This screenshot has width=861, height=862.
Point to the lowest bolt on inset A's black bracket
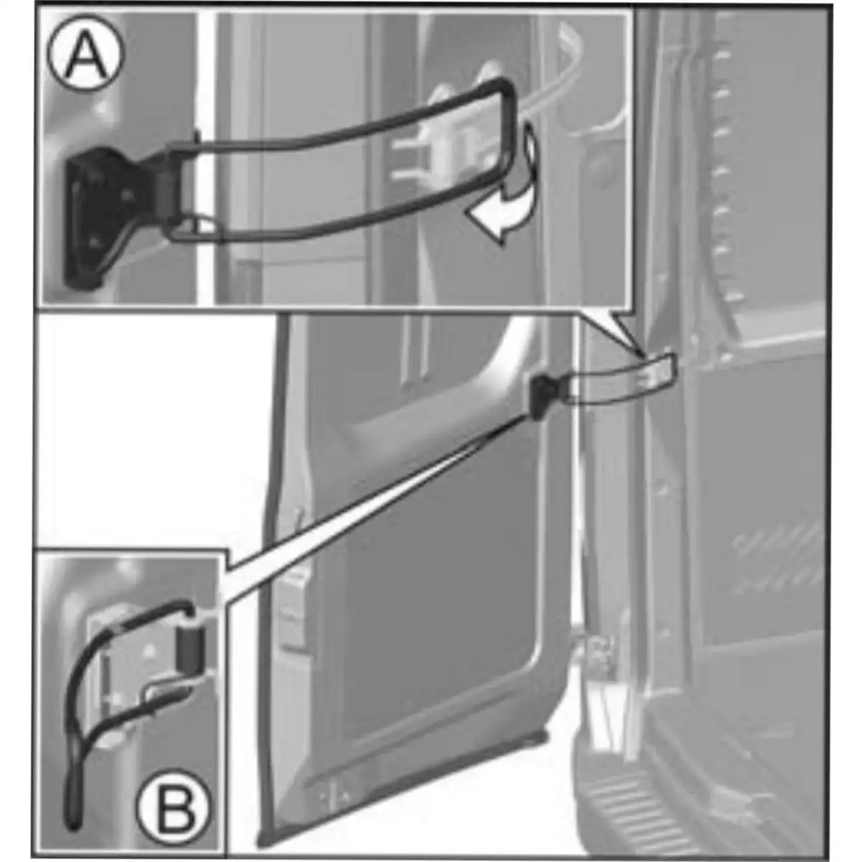(x=94, y=243)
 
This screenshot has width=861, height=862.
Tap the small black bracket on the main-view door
(x=542, y=397)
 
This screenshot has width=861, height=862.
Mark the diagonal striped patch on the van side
(x=778, y=559)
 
